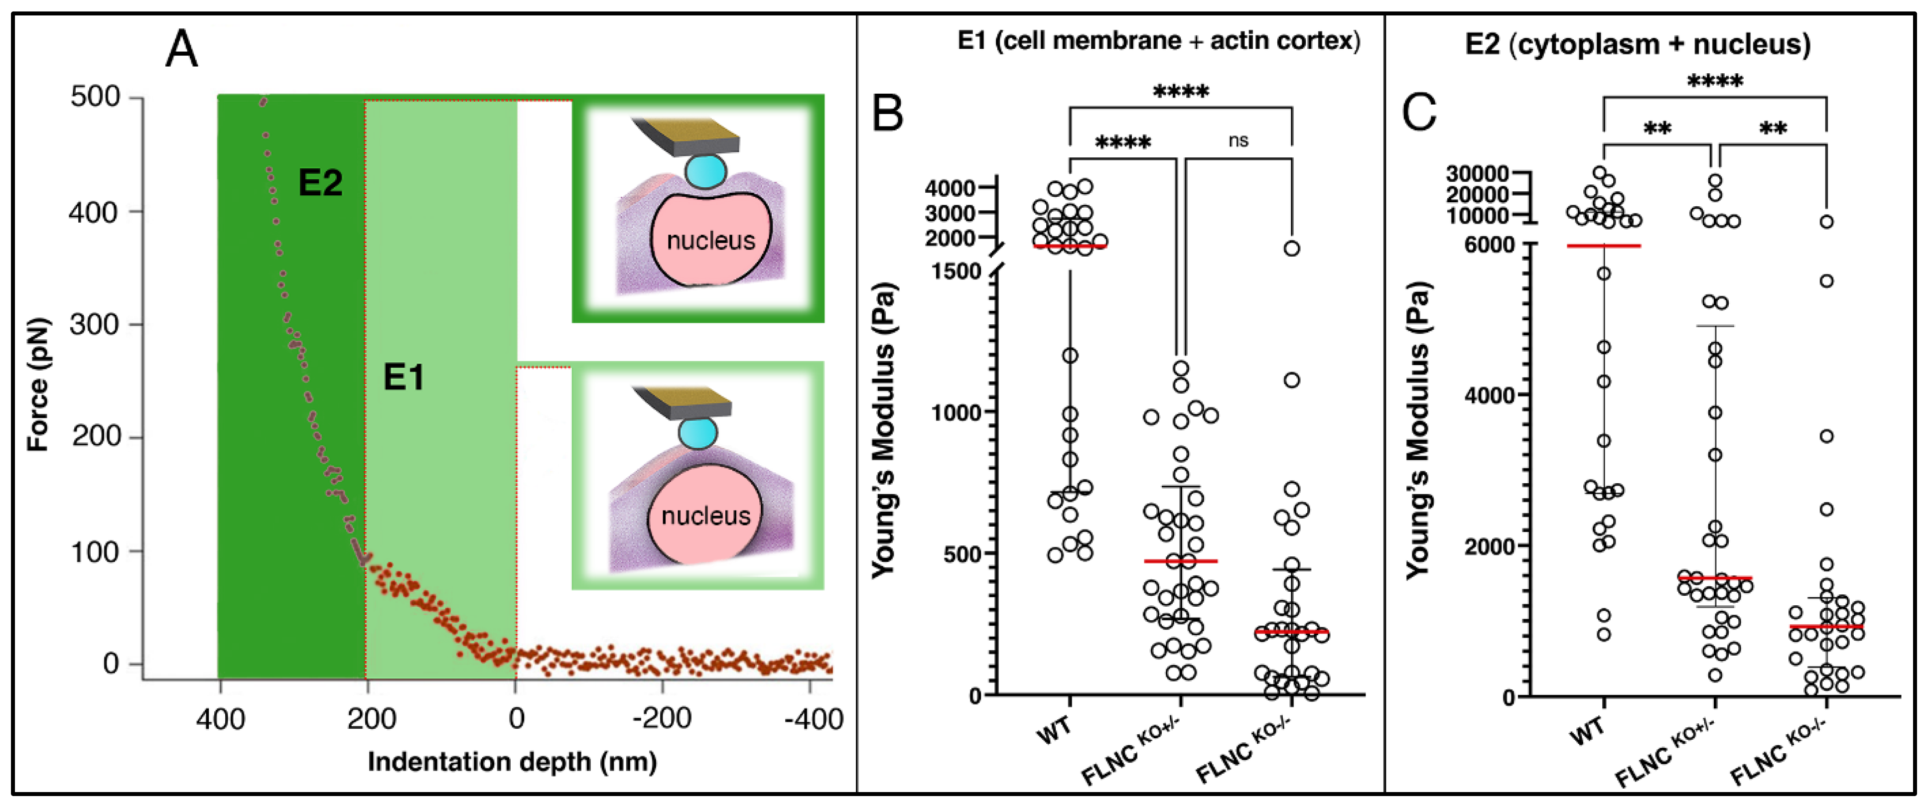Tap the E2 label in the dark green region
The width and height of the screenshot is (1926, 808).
320,182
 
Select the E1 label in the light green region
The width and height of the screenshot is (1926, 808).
404,377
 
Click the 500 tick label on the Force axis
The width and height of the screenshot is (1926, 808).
95,97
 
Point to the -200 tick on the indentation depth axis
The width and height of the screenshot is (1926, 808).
662,719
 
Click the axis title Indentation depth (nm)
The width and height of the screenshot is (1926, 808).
512,762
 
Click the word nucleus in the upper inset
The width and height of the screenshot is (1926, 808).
710,241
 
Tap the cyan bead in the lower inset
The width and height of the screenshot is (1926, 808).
697,432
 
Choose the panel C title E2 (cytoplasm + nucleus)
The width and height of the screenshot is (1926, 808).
1638,44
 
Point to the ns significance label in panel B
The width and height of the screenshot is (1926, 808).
1238,140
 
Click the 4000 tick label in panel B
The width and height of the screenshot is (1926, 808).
950,188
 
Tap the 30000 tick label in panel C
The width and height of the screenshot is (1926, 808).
1477,173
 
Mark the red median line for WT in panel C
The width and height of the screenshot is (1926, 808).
1604,245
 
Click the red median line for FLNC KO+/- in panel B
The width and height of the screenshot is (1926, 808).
1181,560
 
